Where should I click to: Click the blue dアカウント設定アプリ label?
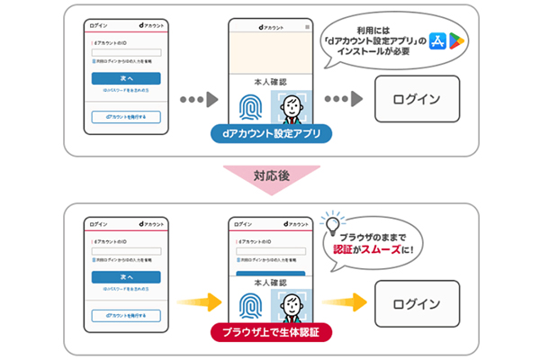[271, 134]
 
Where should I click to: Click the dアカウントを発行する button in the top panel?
[126, 116]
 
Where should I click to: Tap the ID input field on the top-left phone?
[126, 51]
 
